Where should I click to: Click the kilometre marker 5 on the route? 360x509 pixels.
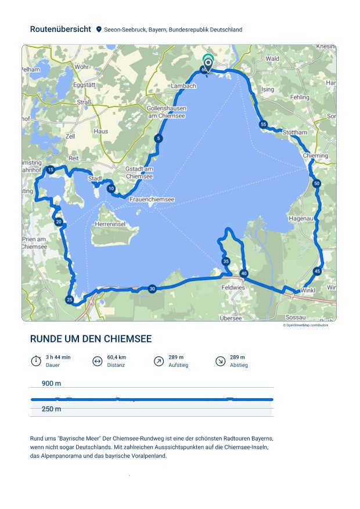coord(159,138)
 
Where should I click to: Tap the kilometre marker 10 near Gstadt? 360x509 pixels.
coord(111,189)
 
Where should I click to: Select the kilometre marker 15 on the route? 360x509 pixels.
coord(51,169)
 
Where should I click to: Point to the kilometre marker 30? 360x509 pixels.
coord(152,289)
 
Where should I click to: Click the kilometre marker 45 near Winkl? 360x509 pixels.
coord(317,271)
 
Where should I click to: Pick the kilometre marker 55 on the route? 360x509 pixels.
coord(264,124)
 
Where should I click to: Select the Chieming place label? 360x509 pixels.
coord(315,156)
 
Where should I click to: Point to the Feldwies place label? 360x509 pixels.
coord(233,287)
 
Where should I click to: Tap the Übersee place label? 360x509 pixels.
coord(231,317)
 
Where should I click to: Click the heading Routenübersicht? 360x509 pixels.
coord(60,29)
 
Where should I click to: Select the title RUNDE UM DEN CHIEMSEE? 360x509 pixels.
coord(91,339)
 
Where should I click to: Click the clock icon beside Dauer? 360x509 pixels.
coord(36,361)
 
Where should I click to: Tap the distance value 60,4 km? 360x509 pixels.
coord(117,357)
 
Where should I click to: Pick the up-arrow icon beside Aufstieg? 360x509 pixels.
coord(159,361)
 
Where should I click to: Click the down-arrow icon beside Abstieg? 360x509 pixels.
coord(220,361)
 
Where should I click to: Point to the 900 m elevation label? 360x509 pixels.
coord(52,384)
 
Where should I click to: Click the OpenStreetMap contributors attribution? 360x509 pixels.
coord(305,325)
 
